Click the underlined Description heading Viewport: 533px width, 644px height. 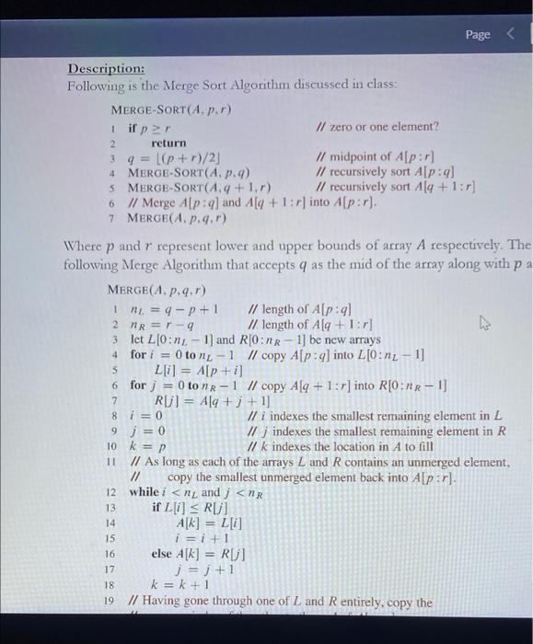105,69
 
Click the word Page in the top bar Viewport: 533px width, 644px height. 478,34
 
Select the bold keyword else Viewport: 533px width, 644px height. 163,553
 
